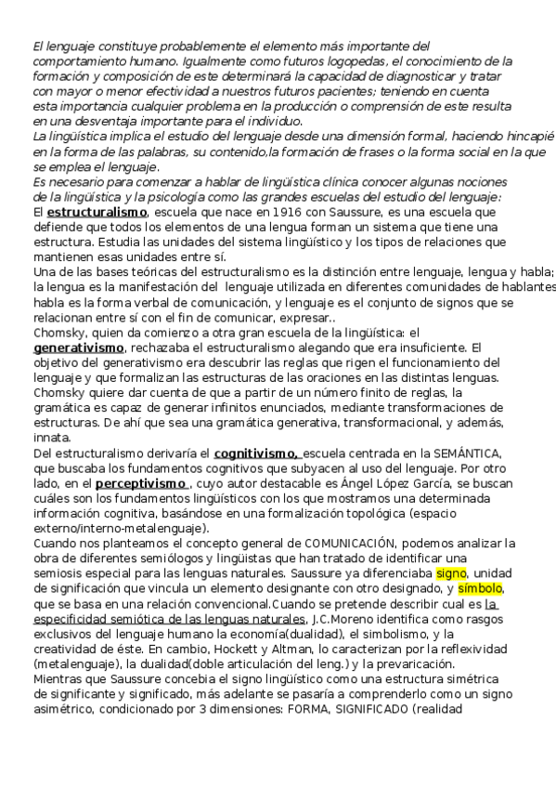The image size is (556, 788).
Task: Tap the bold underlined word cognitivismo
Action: tap(255, 453)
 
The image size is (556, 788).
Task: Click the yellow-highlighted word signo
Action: tap(451, 573)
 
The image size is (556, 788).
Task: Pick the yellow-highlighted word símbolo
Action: tap(482, 588)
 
